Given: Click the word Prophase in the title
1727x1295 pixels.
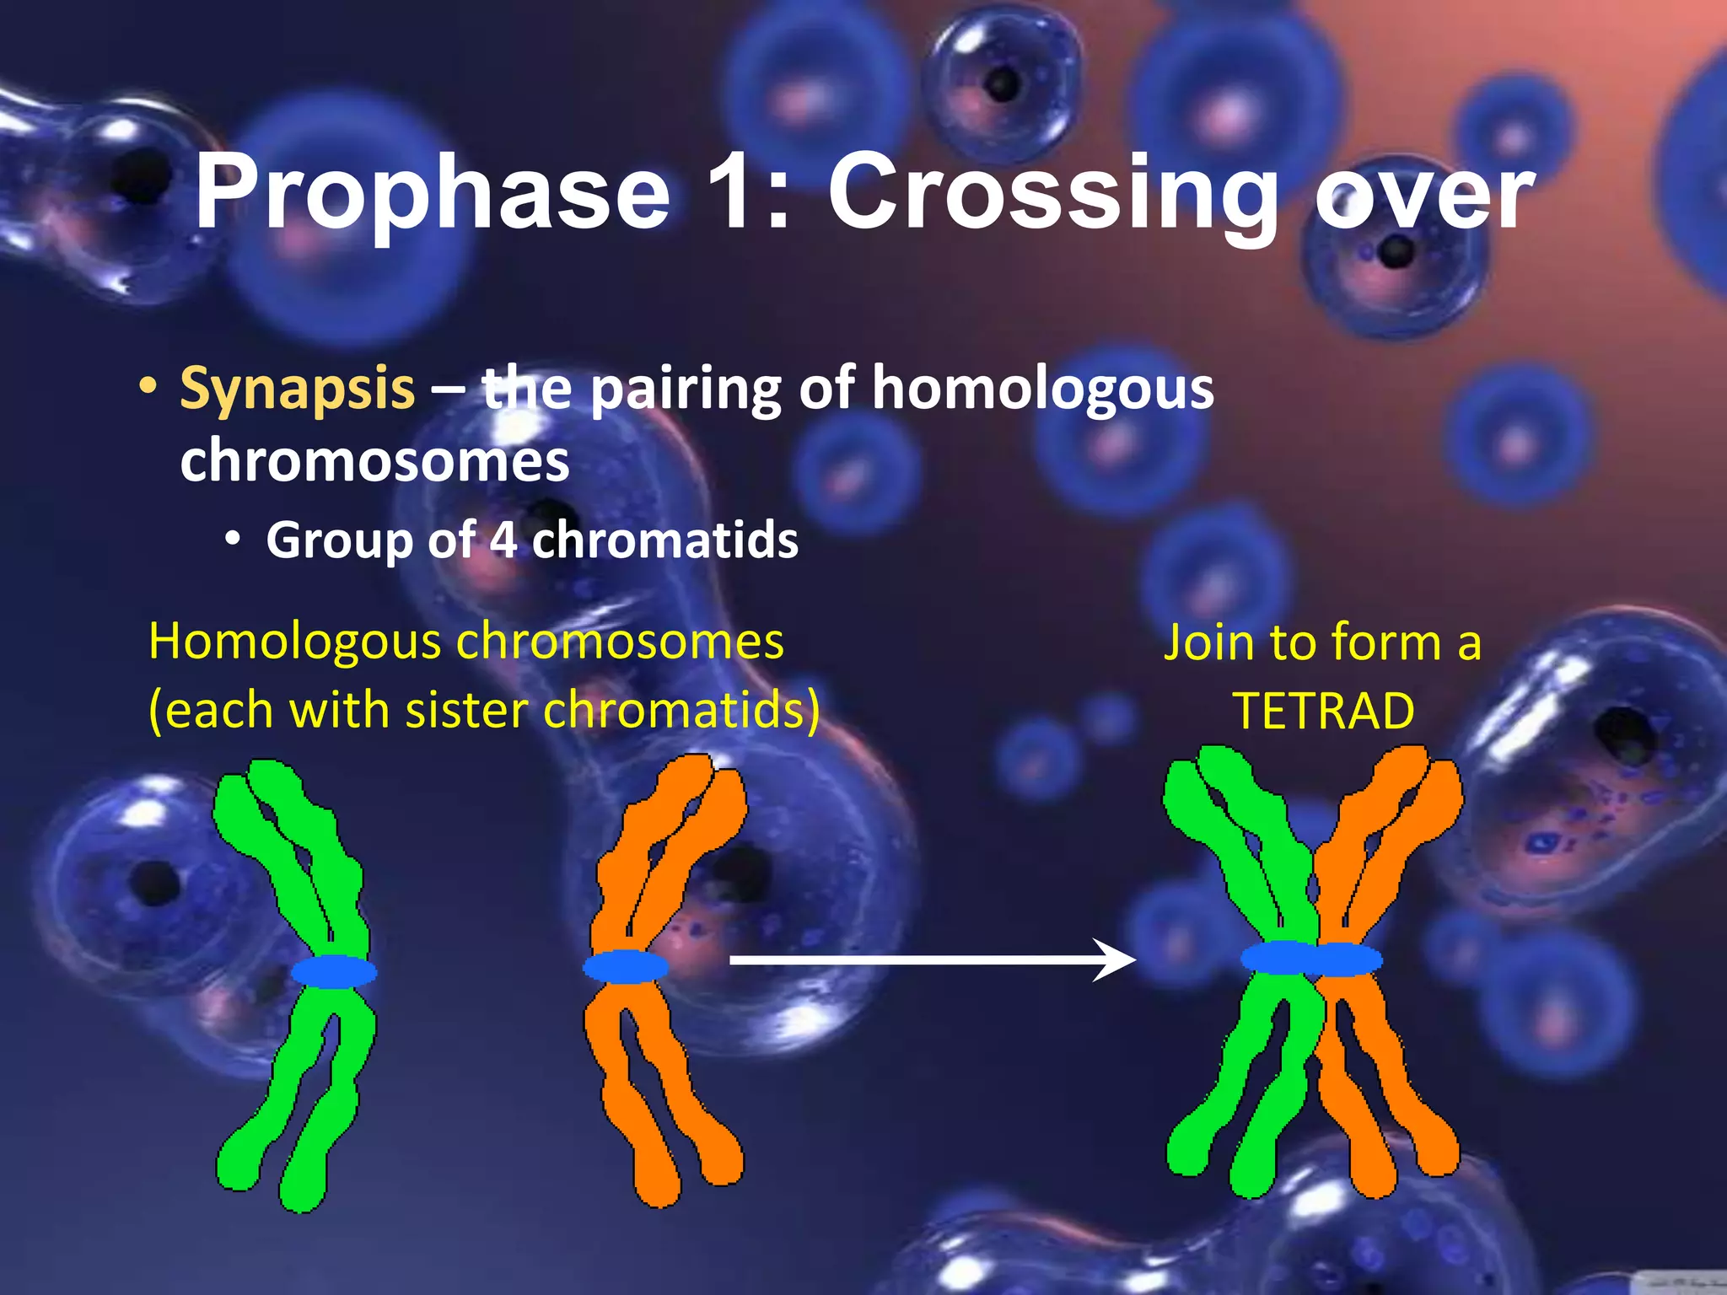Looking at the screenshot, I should click(433, 194).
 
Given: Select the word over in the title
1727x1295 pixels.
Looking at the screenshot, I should click(1425, 196).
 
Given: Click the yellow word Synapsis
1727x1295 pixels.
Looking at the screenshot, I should click(297, 390).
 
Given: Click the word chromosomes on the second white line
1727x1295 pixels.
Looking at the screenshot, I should click(374, 461).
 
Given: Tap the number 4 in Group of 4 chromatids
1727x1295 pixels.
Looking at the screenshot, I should click(503, 540).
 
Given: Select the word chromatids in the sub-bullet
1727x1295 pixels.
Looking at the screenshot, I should click(665, 540).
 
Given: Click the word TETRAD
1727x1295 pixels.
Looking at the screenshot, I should click(1323, 711).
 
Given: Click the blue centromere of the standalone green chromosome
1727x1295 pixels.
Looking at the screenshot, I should click(334, 971).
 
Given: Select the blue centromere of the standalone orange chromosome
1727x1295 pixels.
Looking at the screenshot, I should click(626, 966).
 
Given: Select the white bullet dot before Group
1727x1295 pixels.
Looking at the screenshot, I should click(234, 539).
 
